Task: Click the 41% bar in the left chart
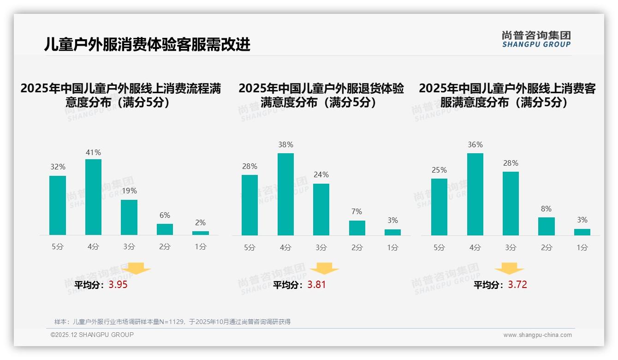(x=93, y=197)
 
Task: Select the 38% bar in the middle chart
(x=285, y=194)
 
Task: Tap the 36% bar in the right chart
(x=475, y=194)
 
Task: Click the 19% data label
(x=129, y=191)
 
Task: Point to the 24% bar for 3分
(x=321, y=210)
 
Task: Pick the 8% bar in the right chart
(x=546, y=226)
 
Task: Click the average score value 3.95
(x=118, y=285)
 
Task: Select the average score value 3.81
(x=316, y=285)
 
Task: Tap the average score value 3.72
(x=517, y=285)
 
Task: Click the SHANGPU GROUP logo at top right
(x=536, y=39)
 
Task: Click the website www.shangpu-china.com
(x=537, y=335)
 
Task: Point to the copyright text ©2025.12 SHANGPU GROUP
(x=92, y=335)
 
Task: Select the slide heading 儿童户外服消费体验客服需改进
(x=147, y=44)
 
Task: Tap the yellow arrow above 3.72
(x=509, y=269)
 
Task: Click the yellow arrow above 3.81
(x=324, y=269)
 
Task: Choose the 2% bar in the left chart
(x=201, y=233)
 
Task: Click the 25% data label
(x=439, y=170)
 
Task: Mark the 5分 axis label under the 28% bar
(x=250, y=247)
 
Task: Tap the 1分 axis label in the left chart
(x=201, y=247)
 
